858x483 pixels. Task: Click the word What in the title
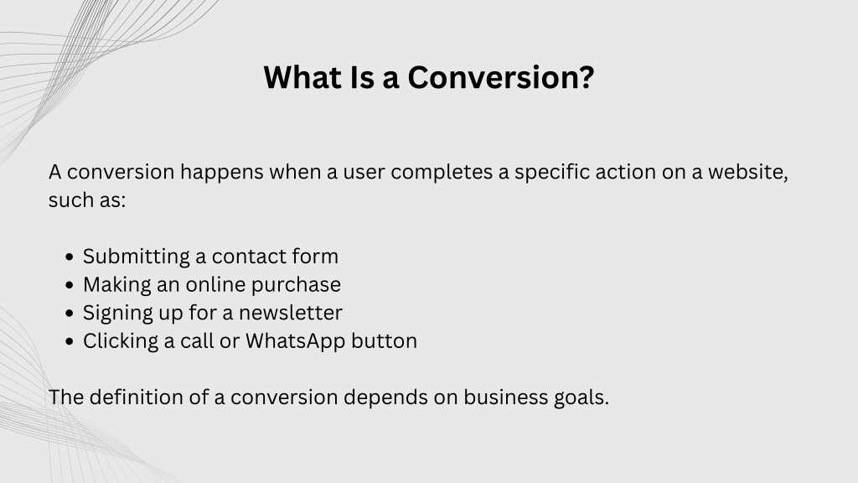click(302, 77)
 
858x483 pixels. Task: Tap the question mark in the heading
click(586, 77)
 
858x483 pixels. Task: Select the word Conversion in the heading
click(492, 77)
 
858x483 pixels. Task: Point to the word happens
click(221, 173)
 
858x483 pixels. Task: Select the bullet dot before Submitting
click(69, 257)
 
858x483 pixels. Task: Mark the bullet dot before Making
click(69, 285)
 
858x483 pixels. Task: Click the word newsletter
click(291, 313)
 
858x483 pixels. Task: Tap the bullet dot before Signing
click(69, 314)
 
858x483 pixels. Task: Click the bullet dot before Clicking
click(69, 341)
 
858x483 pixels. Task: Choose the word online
click(215, 284)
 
